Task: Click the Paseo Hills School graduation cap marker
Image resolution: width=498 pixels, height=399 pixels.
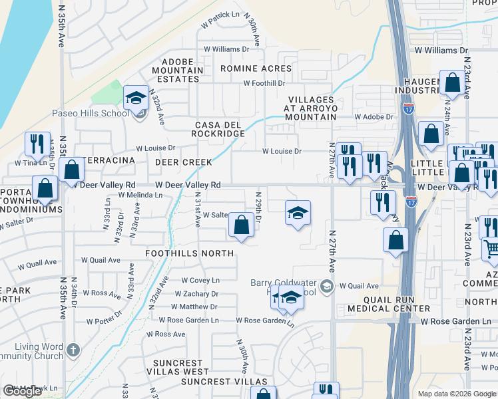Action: [x=136, y=98]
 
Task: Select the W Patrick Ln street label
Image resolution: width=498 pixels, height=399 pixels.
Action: [x=221, y=14]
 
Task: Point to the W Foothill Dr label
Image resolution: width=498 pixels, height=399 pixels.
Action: [x=264, y=83]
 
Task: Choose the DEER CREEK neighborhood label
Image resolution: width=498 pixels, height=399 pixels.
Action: [x=183, y=162]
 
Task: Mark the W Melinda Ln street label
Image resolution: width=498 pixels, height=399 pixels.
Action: [x=140, y=195]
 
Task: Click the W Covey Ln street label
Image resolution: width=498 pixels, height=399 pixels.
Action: [x=200, y=281]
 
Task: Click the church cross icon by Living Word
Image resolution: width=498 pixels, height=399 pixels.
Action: [x=74, y=349]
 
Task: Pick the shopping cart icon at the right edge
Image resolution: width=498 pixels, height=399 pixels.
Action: [x=491, y=249]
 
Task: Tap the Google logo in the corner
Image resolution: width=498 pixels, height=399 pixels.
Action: [x=22, y=391]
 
